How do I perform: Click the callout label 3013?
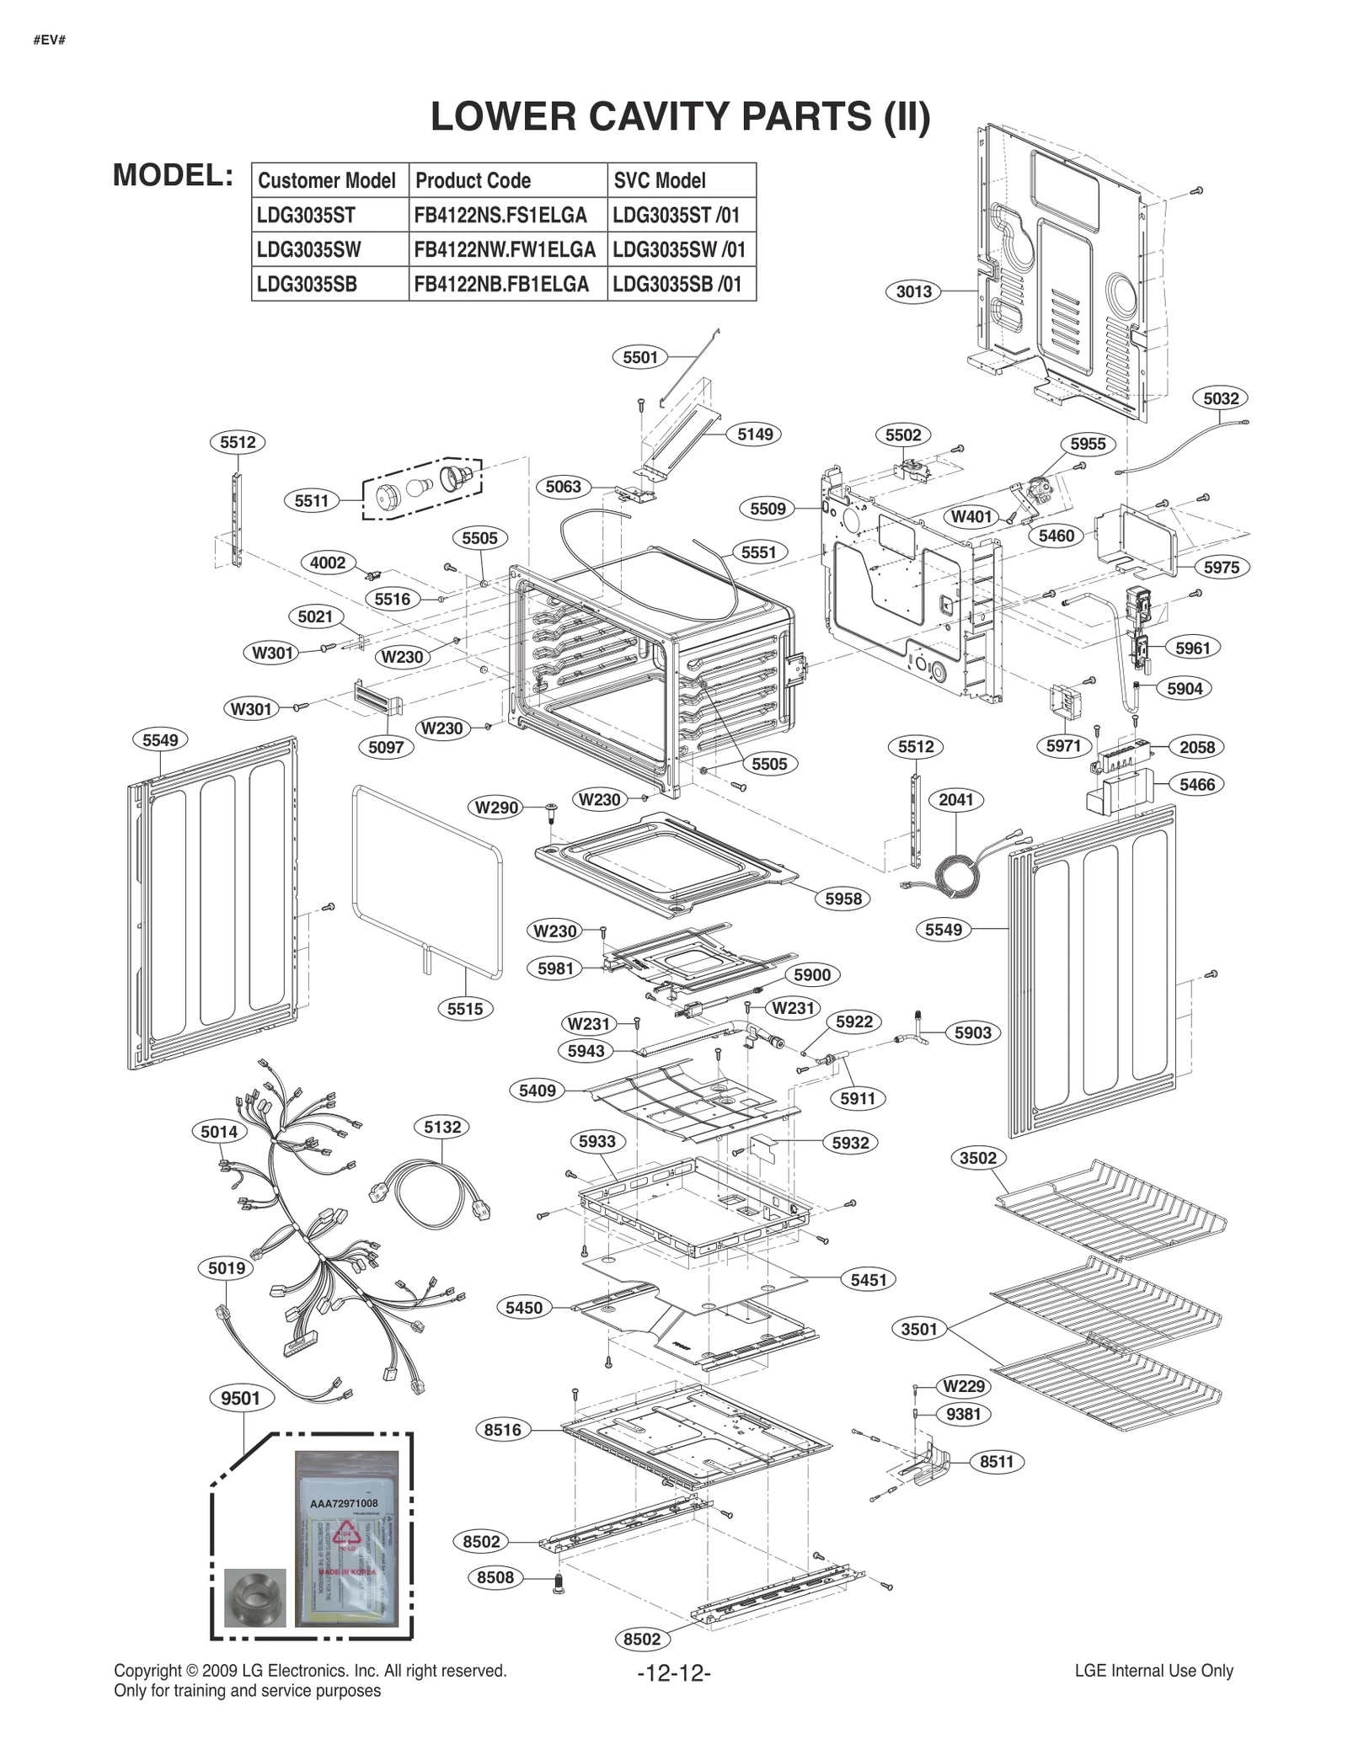point(913,291)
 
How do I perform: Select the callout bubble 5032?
point(1221,398)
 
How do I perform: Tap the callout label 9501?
point(240,1398)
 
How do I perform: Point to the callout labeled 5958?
point(843,899)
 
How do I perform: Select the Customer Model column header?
point(327,180)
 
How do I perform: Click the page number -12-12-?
point(673,1672)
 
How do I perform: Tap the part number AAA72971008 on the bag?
point(345,1503)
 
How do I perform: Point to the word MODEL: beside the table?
point(174,175)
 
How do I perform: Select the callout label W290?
point(497,808)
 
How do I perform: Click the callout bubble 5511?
point(311,501)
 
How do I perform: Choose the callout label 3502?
point(978,1158)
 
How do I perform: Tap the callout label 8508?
point(495,1577)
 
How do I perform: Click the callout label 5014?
point(219,1132)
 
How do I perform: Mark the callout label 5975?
point(1221,567)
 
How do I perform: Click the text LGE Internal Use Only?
point(1153,1671)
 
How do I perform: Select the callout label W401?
point(972,516)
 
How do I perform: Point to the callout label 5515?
point(465,1008)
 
